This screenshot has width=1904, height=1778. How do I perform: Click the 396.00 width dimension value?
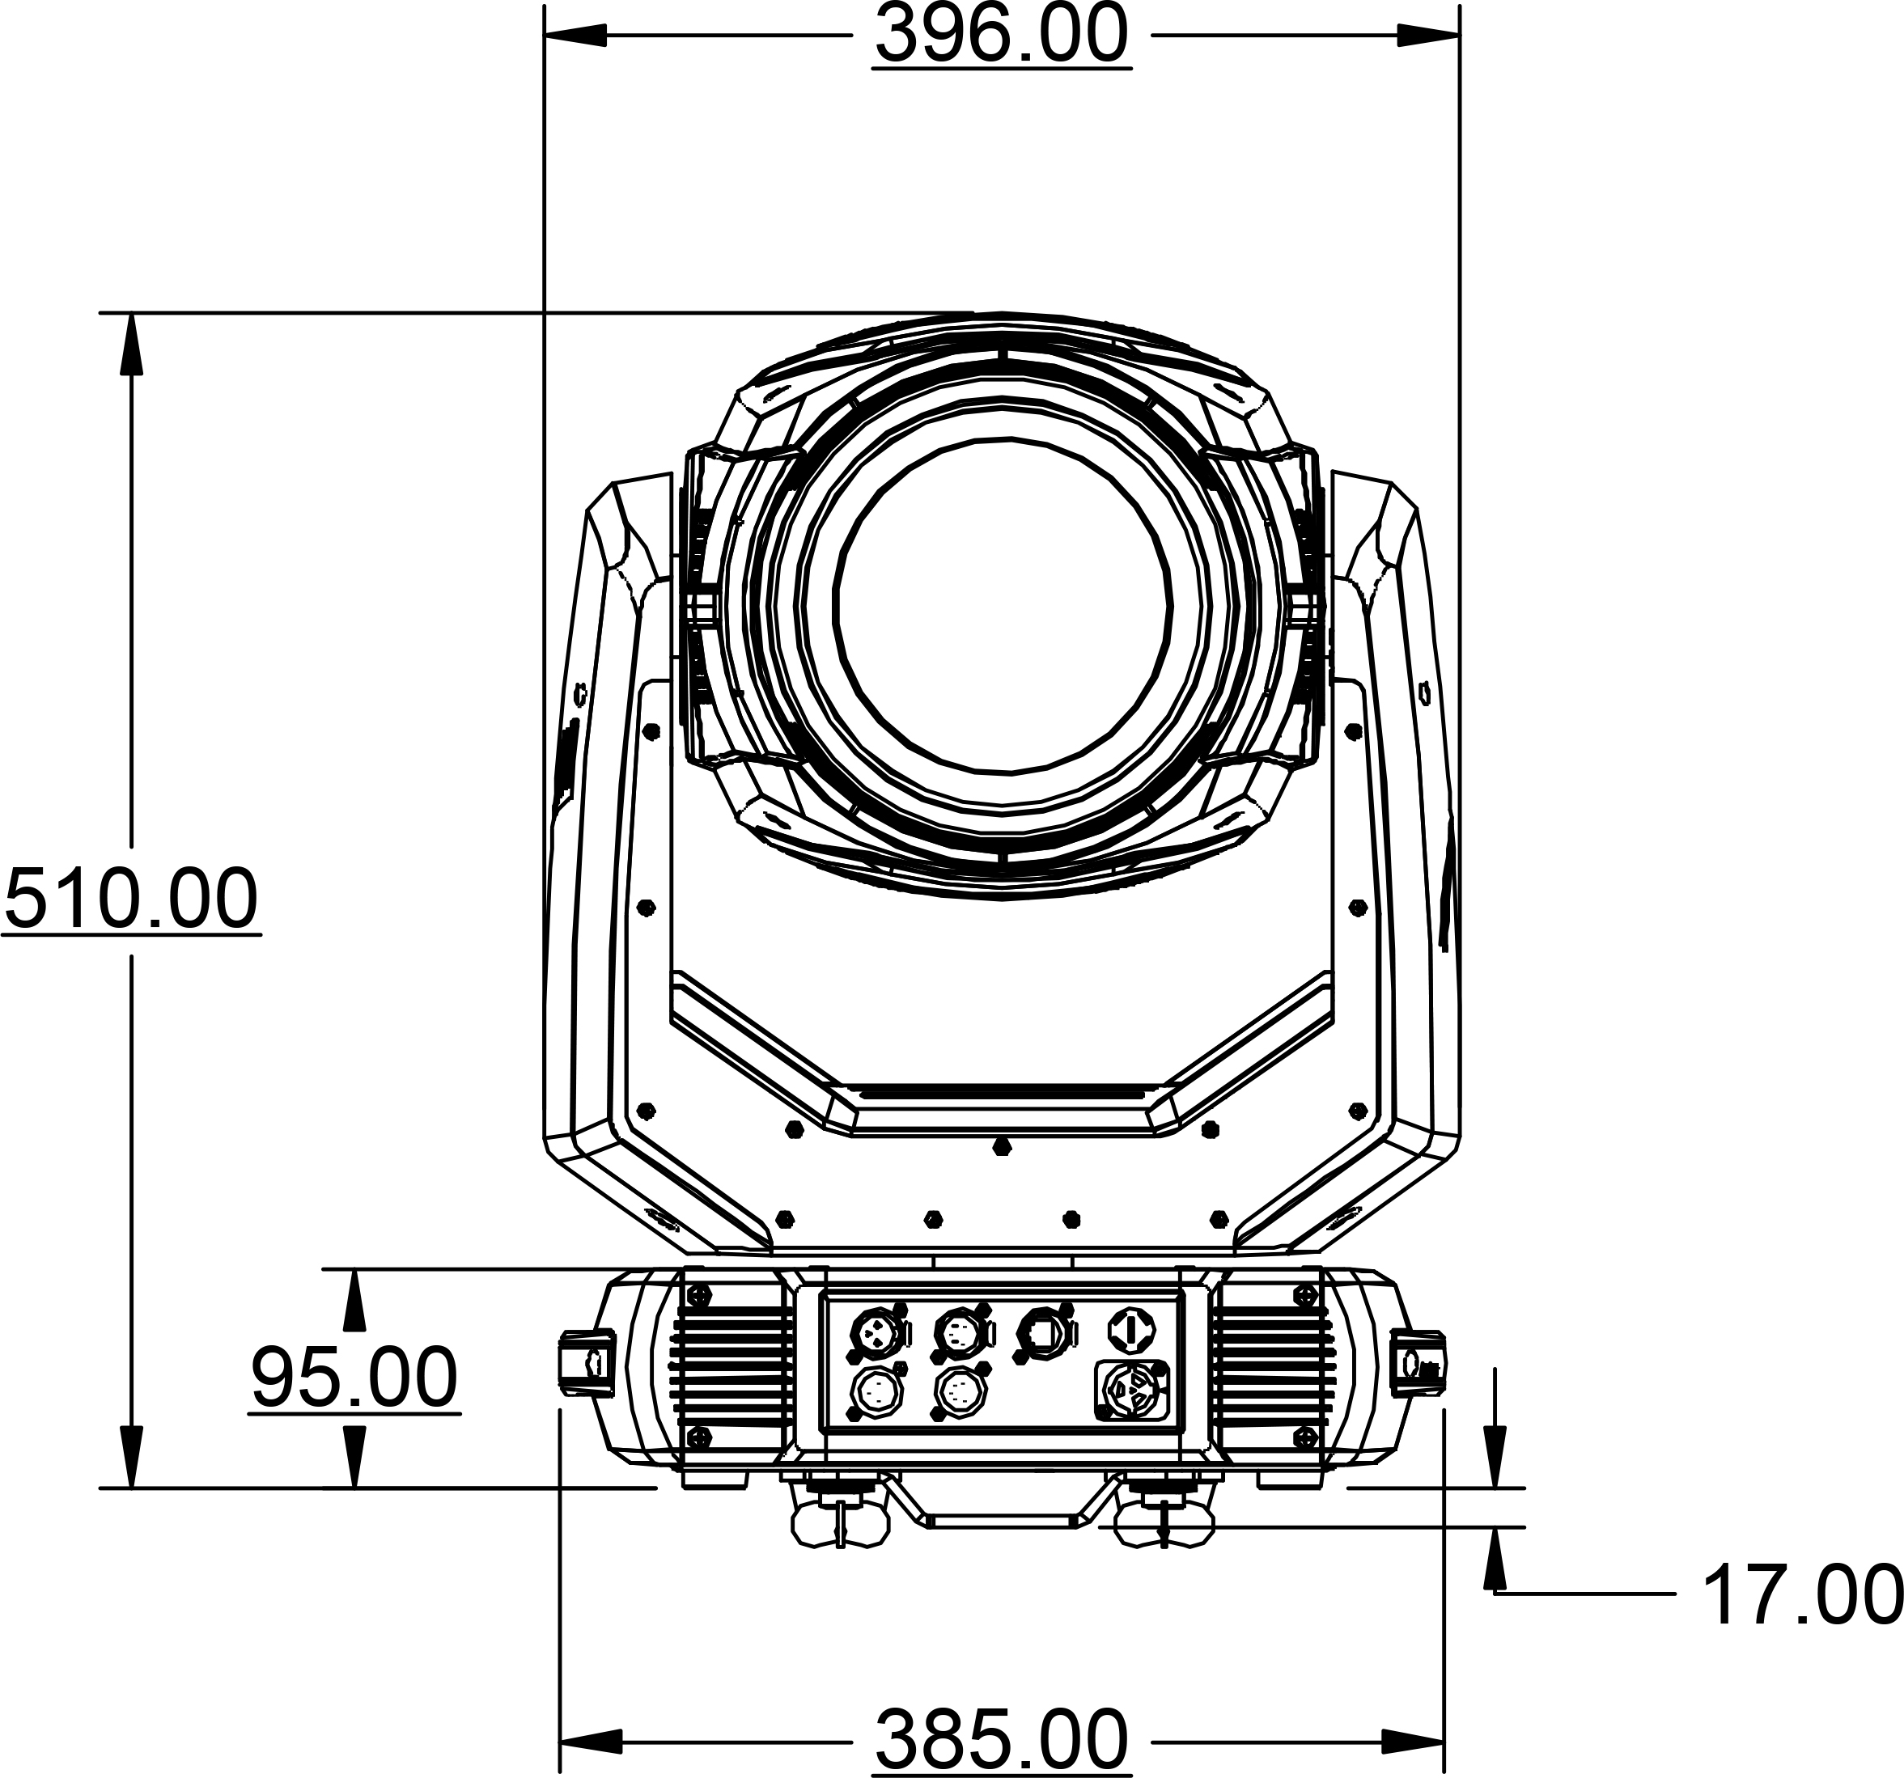(x=1001, y=36)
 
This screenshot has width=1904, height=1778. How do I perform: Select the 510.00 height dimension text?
(x=131, y=898)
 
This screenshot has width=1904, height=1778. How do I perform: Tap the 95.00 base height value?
(x=354, y=1377)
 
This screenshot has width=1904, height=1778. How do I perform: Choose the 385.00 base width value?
(x=1001, y=1740)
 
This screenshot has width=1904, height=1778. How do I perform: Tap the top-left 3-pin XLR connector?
(x=876, y=1331)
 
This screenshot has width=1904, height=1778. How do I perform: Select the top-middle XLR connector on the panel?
(x=960, y=1331)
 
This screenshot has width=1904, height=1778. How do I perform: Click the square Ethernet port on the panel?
(x=1044, y=1331)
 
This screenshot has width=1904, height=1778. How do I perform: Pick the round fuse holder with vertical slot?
(x=1131, y=1330)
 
